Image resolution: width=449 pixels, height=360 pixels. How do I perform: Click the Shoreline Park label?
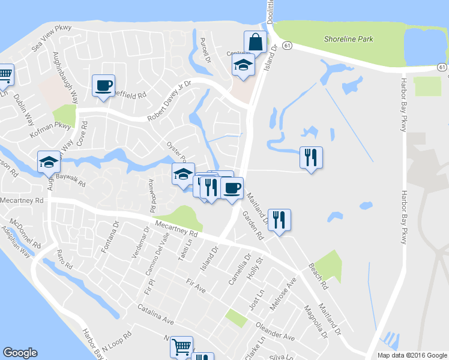pos(348,39)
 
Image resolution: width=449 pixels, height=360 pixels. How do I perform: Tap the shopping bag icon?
pos(255,42)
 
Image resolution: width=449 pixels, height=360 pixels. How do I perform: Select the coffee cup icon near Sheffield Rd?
pos(103,85)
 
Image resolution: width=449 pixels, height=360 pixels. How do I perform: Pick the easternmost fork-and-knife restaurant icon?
pos(311,157)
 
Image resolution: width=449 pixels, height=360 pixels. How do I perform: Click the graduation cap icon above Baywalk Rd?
pos(49,161)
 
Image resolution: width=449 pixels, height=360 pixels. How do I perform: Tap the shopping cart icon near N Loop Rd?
pos(181,347)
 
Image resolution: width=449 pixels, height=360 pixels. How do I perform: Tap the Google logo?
pos(20,353)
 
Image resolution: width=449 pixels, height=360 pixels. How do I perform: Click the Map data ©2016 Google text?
pos(411,355)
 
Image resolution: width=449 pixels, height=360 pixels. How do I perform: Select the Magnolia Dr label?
pos(316,319)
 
